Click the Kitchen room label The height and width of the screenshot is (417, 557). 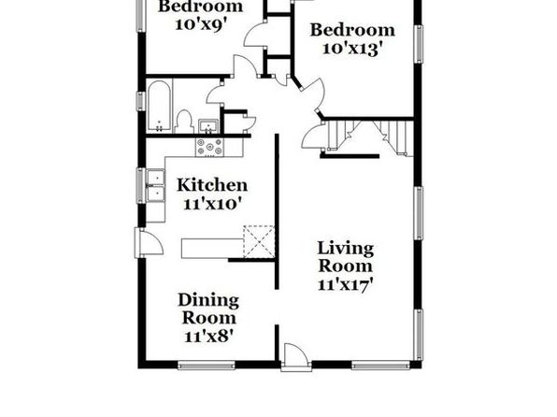(x=212, y=185)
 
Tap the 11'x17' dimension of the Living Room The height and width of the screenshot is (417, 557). (x=345, y=285)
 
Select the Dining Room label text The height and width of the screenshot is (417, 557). (x=208, y=309)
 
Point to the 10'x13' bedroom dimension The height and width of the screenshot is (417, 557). (x=352, y=49)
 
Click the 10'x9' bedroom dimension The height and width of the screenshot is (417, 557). (x=201, y=24)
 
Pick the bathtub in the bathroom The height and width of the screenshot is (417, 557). (x=159, y=106)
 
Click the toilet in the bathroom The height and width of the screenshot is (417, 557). (x=184, y=122)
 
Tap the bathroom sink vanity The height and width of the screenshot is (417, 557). (x=208, y=126)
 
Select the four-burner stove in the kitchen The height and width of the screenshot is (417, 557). (x=209, y=147)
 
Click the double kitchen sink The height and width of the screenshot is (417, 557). (x=155, y=185)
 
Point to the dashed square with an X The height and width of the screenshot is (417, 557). (x=259, y=241)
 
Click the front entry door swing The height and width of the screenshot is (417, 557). (x=295, y=353)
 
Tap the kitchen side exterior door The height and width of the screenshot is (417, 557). (x=150, y=242)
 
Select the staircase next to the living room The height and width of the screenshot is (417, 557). (x=370, y=137)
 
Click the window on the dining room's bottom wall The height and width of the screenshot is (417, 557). (x=207, y=365)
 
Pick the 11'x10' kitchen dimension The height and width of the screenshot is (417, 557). (x=212, y=204)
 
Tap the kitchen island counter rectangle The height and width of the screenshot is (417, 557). (x=212, y=248)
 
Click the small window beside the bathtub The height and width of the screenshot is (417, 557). (x=141, y=101)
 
